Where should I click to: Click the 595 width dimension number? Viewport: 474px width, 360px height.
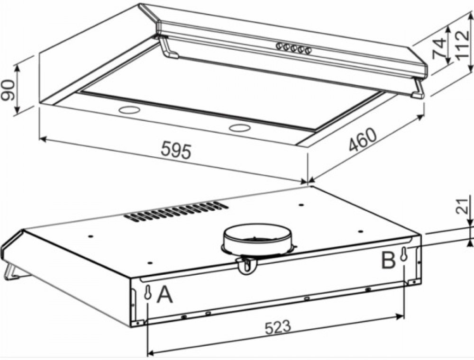[176, 151]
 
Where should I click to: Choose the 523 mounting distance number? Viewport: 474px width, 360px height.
[277, 328]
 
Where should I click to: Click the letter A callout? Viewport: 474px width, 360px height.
[165, 295]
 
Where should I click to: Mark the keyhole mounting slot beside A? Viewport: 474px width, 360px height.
[147, 292]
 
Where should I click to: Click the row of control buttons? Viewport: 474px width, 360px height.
[293, 48]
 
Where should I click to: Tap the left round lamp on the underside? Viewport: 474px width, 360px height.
[129, 110]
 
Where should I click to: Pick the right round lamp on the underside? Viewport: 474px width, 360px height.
[240, 128]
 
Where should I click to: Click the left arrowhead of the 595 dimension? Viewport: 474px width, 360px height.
[43, 139]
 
